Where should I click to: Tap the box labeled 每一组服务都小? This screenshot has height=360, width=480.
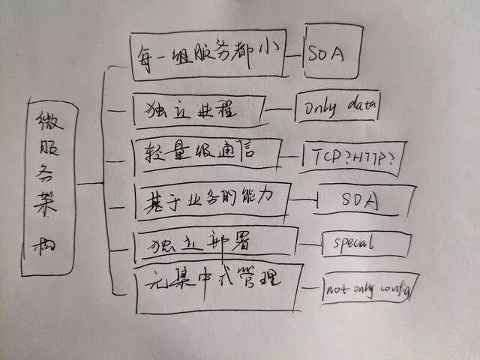click(208, 56)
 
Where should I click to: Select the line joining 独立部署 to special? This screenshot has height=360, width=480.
click(310, 244)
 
